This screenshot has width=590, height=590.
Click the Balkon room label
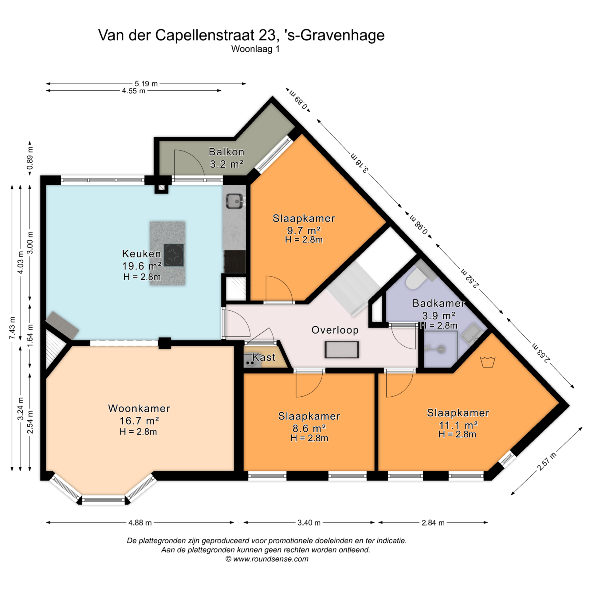point(226,152)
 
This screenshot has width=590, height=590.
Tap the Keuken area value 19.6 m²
point(142,265)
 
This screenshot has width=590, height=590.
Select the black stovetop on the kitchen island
point(174,255)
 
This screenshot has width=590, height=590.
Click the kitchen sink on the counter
point(235,201)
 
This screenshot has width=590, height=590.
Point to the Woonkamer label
point(139,408)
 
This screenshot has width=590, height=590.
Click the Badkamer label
point(439,303)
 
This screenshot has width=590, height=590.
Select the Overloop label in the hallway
point(335,330)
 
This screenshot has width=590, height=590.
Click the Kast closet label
point(264,357)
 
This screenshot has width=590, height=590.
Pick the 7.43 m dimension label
point(12,328)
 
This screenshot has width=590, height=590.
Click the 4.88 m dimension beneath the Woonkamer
point(140,523)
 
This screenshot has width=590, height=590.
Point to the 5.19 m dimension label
point(146,84)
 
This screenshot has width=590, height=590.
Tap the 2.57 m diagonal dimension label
point(547,462)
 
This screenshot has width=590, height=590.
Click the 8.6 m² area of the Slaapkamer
point(309,428)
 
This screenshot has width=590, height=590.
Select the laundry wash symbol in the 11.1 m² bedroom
point(487,362)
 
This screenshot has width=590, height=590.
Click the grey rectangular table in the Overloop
point(342,350)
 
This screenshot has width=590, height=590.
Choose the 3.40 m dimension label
point(309,523)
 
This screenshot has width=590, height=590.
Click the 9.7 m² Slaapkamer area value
point(304,230)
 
